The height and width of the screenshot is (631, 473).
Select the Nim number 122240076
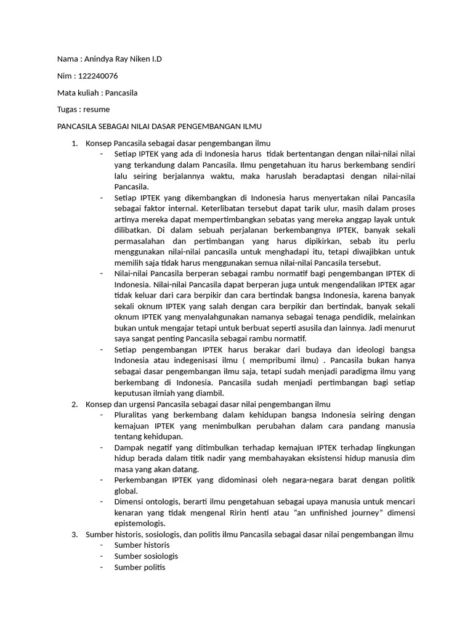pyautogui.click(x=96, y=76)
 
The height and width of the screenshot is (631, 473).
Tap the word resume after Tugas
pyautogui.click(x=97, y=110)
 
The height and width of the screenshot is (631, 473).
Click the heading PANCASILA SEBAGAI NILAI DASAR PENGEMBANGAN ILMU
pyautogui.click(x=160, y=126)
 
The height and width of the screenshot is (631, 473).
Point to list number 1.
pyautogui.click(x=75, y=144)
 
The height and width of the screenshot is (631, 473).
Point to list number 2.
pyautogui.click(x=75, y=404)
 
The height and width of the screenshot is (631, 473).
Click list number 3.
pyautogui.click(x=75, y=534)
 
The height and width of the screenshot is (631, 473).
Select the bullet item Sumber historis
pyautogui.click(x=142, y=545)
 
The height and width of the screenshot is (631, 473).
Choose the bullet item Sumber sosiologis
pyautogui.click(x=146, y=556)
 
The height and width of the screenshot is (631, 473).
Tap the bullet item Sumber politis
pyautogui.click(x=140, y=567)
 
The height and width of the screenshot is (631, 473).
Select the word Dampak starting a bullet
pyautogui.click(x=129, y=447)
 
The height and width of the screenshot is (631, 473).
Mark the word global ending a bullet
pyautogui.click(x=126, y=491)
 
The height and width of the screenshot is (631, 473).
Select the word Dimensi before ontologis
pyautogui.click(x=130, y=502)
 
